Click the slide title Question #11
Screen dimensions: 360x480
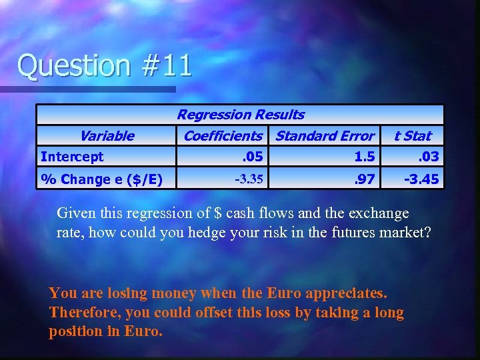pyautogui.click(x=105, y=65)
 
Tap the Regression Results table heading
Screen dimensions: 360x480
pyautogui.click(x=240, y=115)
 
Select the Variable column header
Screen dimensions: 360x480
pyautogui.click(x=107, y=136)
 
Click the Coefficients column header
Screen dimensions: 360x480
pyautogui.click(x=223, y=136)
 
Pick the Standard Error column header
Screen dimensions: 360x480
pyautogui.click(x=325, y=136)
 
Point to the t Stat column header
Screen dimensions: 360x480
pyautogui.click(x=413, y=136)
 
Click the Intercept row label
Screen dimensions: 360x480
pyautogui.click(x=72, y=157)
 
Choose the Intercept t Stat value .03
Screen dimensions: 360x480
pyautogui.click(x=428, y=157)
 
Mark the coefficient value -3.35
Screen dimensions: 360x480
pyautogui.click(x=249, y=179)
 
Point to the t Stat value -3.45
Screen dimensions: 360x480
pyautogui.click(x=422, y=179)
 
